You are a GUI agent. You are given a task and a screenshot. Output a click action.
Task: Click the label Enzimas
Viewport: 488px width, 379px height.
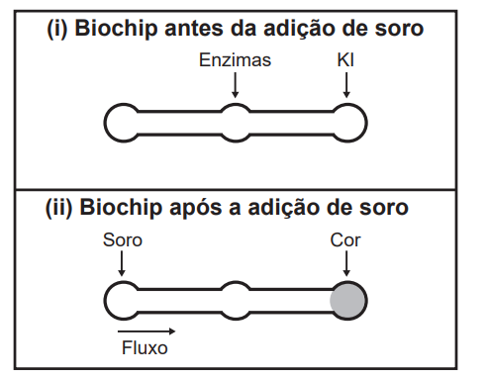pyautogui.click(x=235, y=60)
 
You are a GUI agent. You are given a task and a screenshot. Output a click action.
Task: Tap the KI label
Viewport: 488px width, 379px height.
pyautogui.click(x=345, y=60)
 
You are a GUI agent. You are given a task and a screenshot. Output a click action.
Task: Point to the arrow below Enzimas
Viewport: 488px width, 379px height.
pyautogui.click(x=235, y=85)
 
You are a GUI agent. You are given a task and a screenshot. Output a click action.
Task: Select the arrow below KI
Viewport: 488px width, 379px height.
pyautogui.click(x=346, y=85)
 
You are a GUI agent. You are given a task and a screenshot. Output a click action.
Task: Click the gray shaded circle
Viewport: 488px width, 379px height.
pyautogui.click(x=348, y=301)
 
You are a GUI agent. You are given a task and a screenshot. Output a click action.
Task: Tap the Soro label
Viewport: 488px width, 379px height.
pyautogui.click(x=123, y=239)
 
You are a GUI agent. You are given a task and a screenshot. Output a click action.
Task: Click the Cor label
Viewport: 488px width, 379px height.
pyautogui.click(x=345, y=240)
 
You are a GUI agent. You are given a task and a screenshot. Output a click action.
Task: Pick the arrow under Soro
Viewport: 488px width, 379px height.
pyautogui.click(x=122, y=263)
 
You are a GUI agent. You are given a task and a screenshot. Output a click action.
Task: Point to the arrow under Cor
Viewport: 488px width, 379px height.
pyautogui.click(x=346, y=263)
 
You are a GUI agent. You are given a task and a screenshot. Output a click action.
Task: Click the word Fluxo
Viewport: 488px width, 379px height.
pyautogui.click(x=145, y=347)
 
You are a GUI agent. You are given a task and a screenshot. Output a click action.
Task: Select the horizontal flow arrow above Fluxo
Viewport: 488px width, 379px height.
pyautogui.click(x=146, y=331)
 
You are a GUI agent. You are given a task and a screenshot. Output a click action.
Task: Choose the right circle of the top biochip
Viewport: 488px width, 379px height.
pyautogui.click(x=366, y=123)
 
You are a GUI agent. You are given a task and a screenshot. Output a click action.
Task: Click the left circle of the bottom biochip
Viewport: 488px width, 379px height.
pyautogui.click(x=105, y=301)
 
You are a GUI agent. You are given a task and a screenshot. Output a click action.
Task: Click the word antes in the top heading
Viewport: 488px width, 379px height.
pyautogui.click(x=194, y=29)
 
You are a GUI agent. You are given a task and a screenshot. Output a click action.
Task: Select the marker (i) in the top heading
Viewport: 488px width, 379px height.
pyautogui.click(x=57, y=29)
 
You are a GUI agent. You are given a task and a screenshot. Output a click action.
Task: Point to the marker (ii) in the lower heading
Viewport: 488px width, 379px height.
pyautogui.click(x=59, y=208)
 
